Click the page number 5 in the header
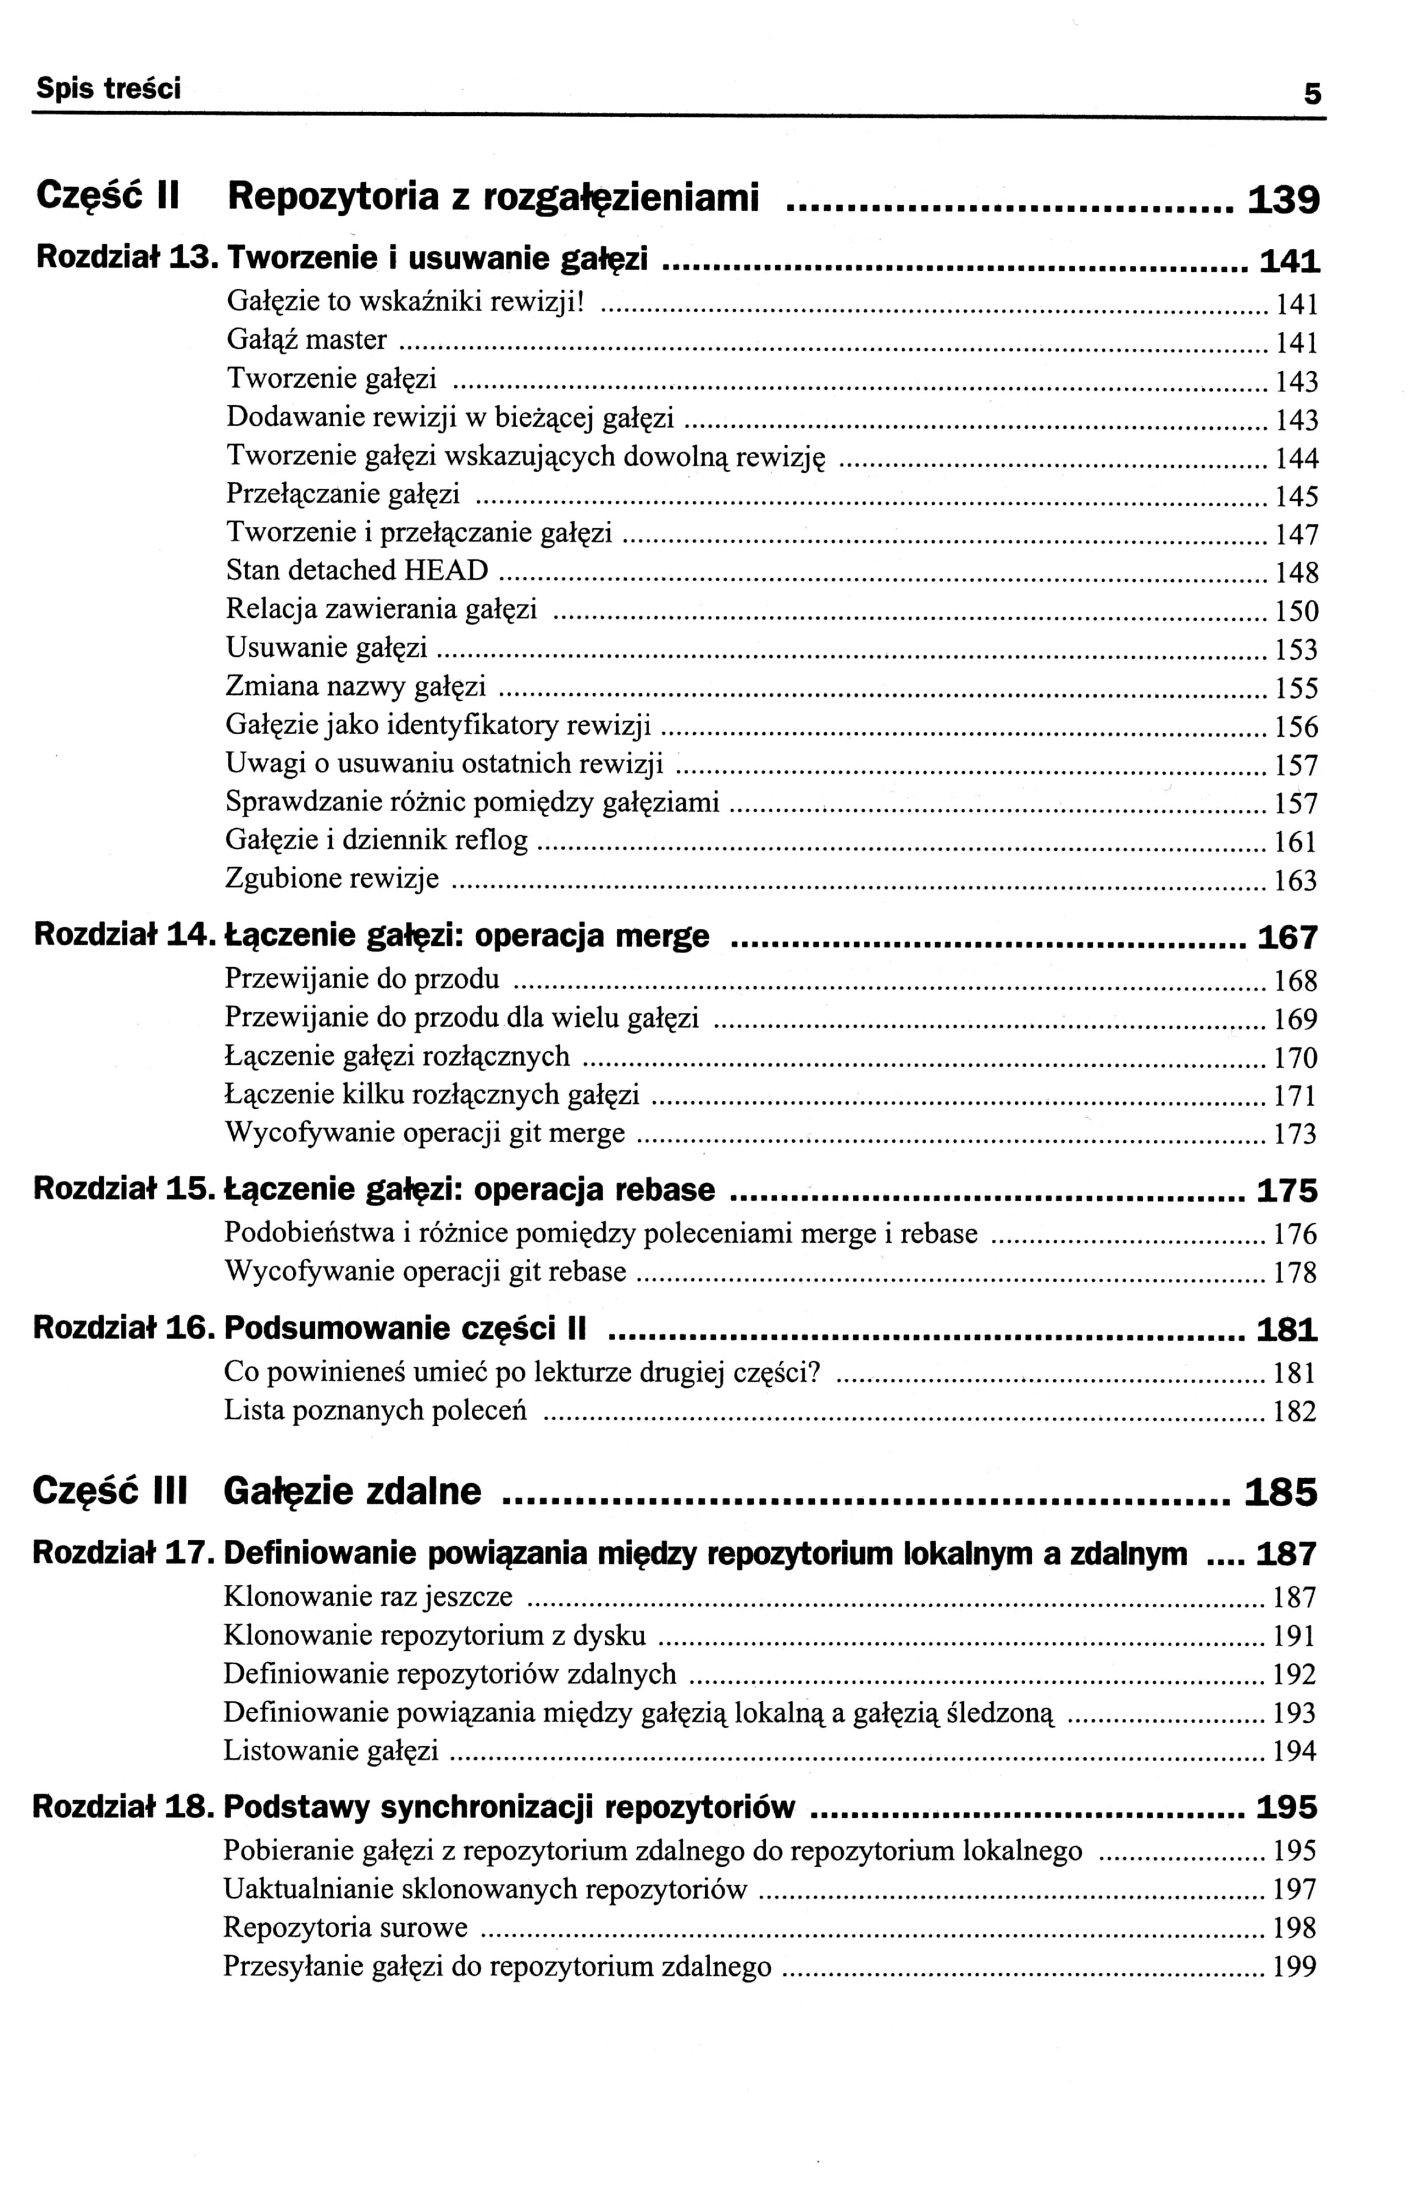1312,93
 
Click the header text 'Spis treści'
108,88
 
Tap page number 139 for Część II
1284,199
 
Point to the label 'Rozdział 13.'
126,260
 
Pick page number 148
1296,573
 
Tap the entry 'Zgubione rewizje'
332,879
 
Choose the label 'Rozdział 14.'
126,936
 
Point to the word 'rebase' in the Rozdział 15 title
664,1190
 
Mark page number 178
1295,1273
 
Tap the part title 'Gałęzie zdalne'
352,1492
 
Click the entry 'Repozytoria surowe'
346,1928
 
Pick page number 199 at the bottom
1295,1967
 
